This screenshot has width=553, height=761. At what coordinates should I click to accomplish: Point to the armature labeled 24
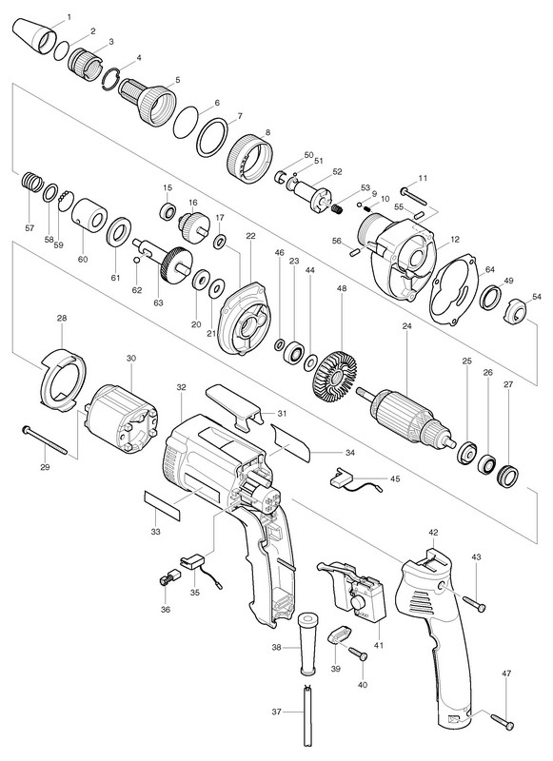click(x=406, y=416)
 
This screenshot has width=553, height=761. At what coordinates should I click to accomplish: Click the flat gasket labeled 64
click(x=454, y=290)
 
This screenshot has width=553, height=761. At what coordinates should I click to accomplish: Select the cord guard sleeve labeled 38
click(x=306, y=643)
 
